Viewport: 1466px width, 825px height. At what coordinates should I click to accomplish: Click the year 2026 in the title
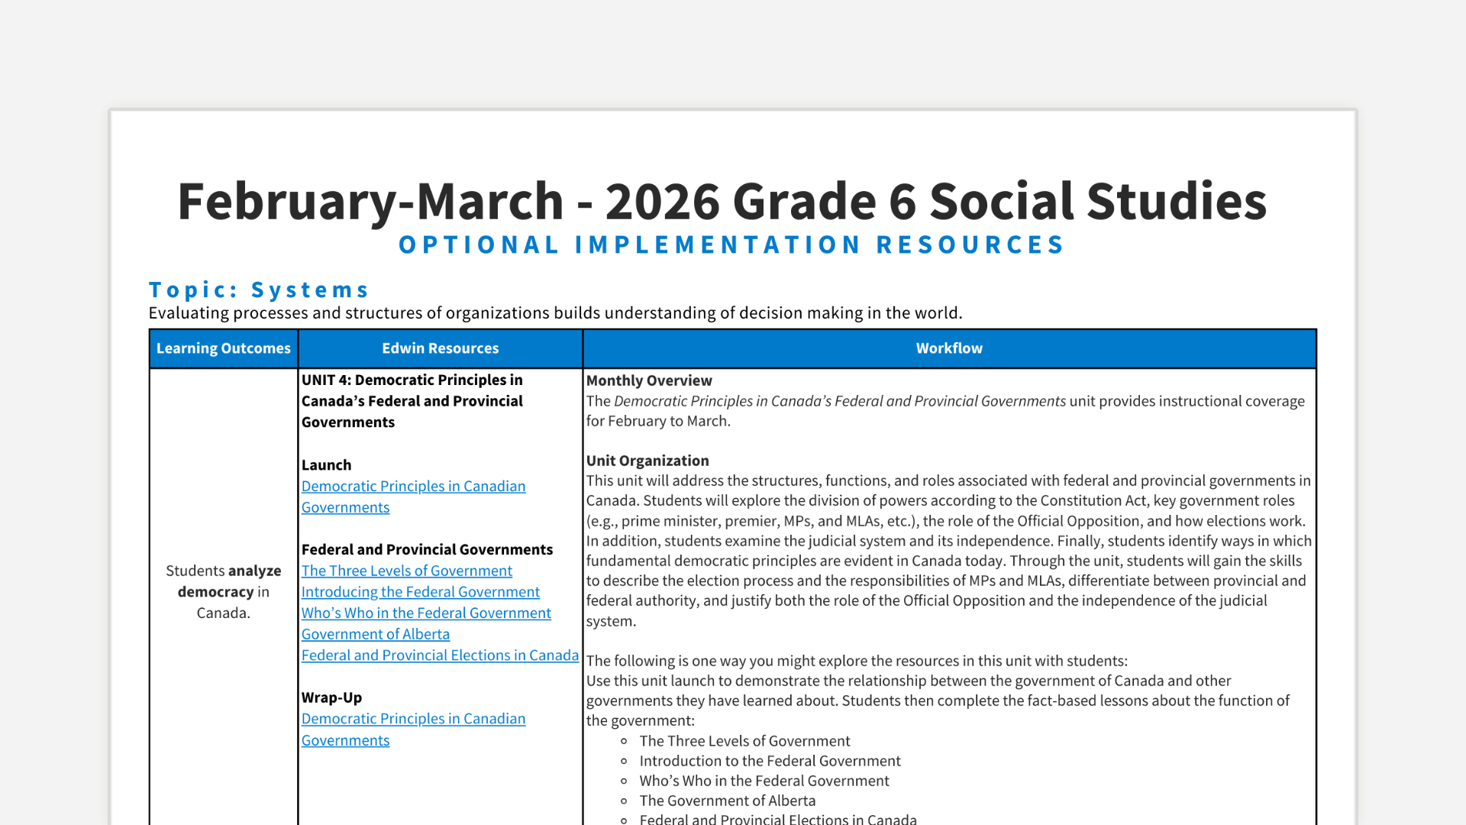point(662,202)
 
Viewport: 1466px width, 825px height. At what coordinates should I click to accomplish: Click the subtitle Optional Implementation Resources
point(731,245)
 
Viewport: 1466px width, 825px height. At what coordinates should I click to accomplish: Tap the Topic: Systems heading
point(259,290)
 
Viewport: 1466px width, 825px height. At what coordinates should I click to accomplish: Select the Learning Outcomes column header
point(223,348)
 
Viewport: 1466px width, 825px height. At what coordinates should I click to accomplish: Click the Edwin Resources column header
point(440,348)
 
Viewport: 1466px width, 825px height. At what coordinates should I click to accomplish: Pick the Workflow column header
point(948,348)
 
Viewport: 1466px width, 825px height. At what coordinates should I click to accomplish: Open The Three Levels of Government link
point(406,571)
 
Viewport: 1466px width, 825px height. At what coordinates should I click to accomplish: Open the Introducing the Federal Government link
point(420,592)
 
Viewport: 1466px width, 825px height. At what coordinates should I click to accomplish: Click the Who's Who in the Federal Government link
point(425,613)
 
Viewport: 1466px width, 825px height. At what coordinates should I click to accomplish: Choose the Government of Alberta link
point(375,634)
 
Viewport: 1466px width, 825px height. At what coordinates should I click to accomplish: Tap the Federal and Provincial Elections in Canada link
point(440,655)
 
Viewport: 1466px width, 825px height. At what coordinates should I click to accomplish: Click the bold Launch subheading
point(326,465)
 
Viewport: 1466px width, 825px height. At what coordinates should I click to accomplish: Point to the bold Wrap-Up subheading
point(331,697)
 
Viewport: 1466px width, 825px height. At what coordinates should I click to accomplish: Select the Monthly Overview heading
point(648,380)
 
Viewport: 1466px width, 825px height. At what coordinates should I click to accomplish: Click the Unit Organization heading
point(647,461)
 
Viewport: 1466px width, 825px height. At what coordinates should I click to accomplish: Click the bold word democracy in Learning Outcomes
point(215,592)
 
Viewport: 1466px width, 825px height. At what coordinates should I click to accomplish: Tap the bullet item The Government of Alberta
point(727,801)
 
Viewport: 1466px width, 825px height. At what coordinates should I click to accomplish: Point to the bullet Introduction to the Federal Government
point(770,761)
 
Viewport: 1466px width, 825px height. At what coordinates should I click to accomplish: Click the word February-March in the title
point(370,202)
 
